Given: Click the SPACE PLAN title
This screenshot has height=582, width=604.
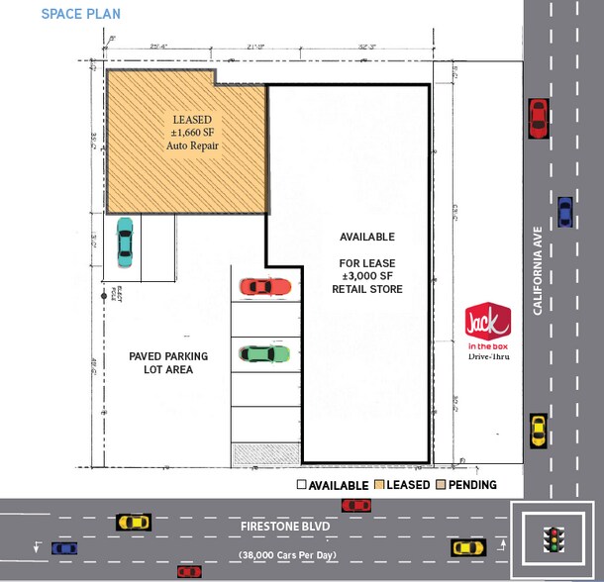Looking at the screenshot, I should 81,15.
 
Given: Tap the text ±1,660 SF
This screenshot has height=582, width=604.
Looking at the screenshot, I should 192,132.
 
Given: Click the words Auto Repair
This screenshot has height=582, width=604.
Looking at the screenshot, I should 192,145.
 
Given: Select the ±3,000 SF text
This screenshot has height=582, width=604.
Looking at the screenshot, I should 367,275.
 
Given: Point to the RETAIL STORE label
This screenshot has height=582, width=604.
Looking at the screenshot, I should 367,289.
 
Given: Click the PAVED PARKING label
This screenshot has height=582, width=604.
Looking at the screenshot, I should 168,356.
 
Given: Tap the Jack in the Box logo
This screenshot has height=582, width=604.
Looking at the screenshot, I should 487,323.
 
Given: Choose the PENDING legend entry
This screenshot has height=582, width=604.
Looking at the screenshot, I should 470,485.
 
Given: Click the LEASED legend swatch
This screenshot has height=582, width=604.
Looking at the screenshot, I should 379,485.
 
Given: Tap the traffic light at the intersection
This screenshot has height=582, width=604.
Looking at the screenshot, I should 553,539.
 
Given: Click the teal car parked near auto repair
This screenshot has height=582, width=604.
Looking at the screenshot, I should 125,241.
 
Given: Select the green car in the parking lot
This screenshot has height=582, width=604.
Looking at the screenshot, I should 265,352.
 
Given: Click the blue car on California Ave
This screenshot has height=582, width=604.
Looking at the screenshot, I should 564,211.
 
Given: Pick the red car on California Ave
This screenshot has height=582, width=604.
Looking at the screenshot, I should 539,118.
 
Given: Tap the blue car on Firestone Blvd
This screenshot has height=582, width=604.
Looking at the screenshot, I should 64,547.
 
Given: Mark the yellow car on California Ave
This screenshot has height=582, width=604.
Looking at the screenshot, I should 538,430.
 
